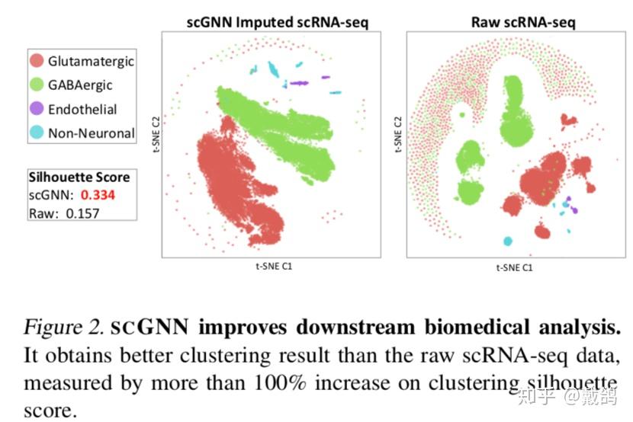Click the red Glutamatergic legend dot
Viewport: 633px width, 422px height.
point(37,60)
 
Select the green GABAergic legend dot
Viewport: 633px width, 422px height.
point(37,85)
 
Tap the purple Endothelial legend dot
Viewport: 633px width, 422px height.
point(37,109)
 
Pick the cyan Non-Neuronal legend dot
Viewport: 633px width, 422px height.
point(37,133)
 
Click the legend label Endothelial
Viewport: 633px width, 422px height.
point(82,109)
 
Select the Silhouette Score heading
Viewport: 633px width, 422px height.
point(79,177)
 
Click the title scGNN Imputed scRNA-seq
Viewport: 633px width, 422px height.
point(278,21)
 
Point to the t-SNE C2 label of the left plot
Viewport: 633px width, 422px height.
point(155,139)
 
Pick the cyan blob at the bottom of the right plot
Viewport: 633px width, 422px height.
point(507,241)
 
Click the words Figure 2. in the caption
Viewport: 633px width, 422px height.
point(64,328)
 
